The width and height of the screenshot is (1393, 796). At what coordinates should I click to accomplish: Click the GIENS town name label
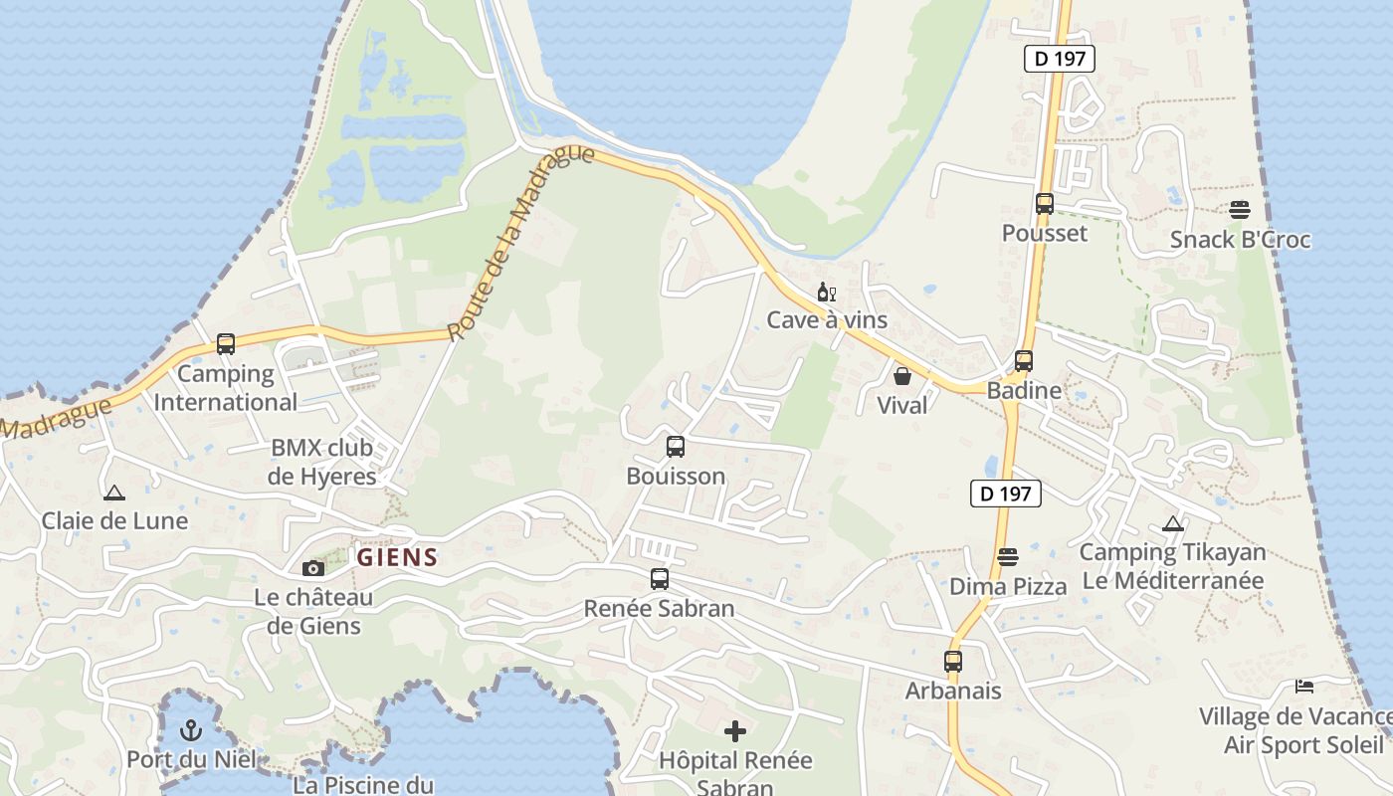397,557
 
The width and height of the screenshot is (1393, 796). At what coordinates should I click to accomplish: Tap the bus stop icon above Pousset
1044,204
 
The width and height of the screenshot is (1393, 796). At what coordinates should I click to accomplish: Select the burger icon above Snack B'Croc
1239,210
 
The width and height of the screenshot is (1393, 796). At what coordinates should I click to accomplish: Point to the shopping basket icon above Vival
902,376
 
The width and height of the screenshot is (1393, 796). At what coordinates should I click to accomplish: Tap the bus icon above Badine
1024,361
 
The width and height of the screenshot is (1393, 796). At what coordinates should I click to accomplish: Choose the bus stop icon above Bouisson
676,447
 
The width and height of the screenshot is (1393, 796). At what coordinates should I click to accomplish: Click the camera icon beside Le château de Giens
313,568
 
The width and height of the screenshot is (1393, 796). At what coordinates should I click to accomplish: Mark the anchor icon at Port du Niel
190,731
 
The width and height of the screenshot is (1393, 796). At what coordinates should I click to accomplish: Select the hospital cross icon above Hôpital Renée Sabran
735,732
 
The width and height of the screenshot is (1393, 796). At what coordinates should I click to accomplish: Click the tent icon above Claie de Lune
114,493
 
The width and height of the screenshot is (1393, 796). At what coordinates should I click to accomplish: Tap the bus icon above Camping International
226,344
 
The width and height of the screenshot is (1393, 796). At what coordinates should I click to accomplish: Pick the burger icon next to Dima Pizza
1008,557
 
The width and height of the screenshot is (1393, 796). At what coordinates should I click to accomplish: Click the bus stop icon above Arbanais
953,661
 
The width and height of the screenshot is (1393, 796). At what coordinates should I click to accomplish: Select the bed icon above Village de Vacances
1304,687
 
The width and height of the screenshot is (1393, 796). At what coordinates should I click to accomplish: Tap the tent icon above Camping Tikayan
1173,524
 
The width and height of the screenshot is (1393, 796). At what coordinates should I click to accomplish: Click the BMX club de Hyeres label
322,462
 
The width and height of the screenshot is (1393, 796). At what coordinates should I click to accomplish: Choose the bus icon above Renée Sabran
659,579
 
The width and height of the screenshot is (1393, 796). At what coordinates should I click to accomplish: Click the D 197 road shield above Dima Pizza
1006,493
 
